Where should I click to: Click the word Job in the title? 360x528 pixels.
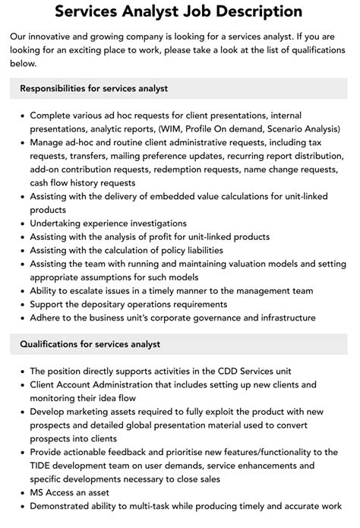198,12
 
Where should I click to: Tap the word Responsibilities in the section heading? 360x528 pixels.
58,88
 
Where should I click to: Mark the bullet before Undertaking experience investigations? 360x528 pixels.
21,223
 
